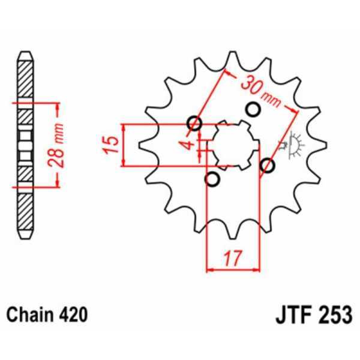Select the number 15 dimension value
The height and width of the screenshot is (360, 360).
(x=109, y=145)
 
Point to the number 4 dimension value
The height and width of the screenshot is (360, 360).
(x=188, y=145)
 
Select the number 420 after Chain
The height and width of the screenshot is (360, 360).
(x=74, y=314)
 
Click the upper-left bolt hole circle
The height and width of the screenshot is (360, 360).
(x=194, y=124)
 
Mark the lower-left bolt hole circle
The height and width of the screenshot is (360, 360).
(x=211, y=179)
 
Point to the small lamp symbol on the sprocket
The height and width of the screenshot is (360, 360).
(x=295, y=145)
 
